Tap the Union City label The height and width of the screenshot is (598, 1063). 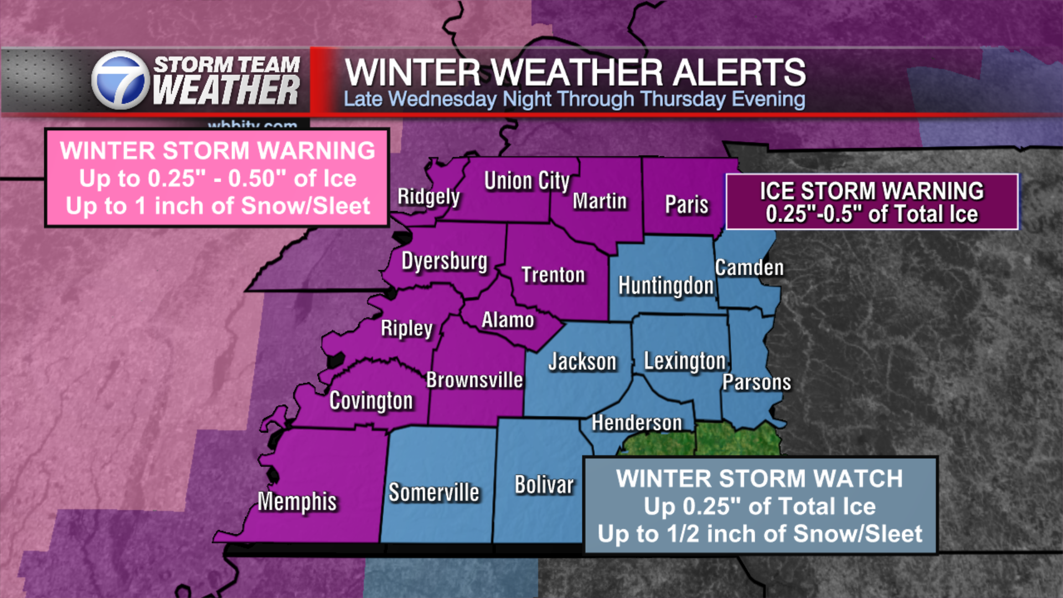(x=527, y=181)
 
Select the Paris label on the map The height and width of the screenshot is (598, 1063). (x=687, y=205)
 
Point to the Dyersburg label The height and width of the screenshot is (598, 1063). (x=445, y=261)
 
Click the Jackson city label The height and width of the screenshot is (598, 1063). (x=582, y=362)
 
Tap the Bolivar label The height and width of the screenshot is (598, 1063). (x=544, y=485)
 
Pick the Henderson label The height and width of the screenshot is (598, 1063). (x=637, y=423)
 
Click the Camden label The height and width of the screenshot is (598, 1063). (x=749, y=268)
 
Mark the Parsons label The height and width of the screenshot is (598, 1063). (x=757, y=383)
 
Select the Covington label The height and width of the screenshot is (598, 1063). (x=371, y=401)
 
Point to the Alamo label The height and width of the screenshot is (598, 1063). (x=508, y=320)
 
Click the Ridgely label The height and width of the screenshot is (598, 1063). (x=429, y=197)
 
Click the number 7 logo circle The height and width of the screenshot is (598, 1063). (x=120, y=81)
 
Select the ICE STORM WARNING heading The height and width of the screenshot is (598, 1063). (x=871, y=191)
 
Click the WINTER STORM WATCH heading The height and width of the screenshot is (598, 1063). (x=760, y=479)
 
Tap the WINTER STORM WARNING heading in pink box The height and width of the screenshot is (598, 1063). (x=218, y=151)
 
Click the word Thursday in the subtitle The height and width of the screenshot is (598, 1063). (x=683, y=100)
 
